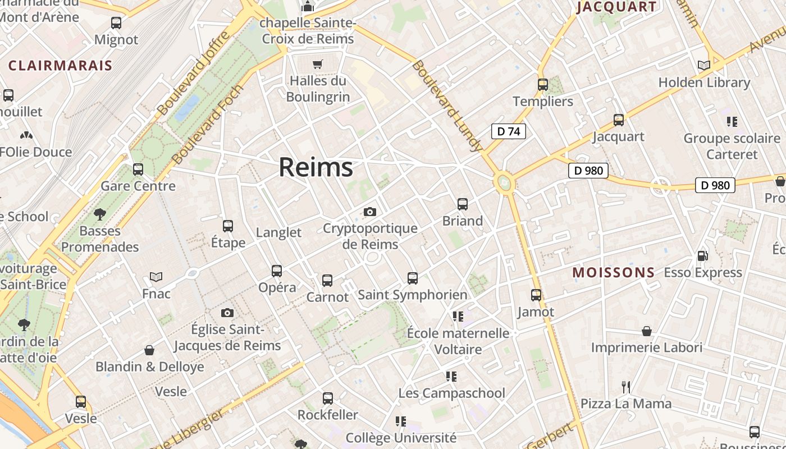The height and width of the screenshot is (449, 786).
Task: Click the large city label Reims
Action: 316,167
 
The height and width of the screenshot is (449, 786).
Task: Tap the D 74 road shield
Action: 509,131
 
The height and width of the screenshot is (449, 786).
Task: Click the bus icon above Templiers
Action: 543,85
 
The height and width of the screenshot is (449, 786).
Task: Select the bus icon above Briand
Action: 463,204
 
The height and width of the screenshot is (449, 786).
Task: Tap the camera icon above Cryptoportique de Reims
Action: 369,212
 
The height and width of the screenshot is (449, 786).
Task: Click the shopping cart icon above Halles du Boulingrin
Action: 318,64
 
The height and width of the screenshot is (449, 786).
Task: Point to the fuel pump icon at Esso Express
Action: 702,256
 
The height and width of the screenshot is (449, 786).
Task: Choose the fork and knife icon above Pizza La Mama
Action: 626,387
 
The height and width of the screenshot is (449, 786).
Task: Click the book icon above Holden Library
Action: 704,66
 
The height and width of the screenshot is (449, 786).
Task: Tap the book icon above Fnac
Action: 156,277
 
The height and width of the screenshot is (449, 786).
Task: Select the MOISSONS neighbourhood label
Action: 614,273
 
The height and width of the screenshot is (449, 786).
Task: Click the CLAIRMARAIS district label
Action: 61,66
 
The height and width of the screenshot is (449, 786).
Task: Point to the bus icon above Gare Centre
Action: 138,169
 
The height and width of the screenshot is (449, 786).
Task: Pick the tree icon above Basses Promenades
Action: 100,214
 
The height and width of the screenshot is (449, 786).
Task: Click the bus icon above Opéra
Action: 277,271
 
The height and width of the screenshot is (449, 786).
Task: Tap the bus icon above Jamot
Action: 536,295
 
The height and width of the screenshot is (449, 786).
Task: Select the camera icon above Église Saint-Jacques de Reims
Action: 227,313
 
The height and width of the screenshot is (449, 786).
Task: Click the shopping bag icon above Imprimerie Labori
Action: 647,331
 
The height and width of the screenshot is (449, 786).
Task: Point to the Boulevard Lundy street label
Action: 447,106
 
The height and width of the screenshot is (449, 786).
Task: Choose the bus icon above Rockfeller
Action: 328,398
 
